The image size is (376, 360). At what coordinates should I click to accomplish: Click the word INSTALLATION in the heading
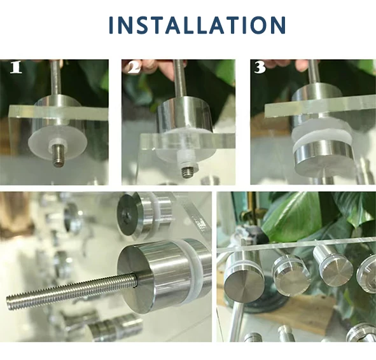pos(197,25)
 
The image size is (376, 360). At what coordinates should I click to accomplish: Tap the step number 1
pos(16,67)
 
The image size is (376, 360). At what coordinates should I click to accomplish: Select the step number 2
pos(134,67)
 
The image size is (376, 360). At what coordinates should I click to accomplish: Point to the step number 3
pos(260,67)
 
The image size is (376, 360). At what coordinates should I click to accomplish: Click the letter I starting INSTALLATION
pos(112,25)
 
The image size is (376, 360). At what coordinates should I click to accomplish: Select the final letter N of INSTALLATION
pos(279,25)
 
